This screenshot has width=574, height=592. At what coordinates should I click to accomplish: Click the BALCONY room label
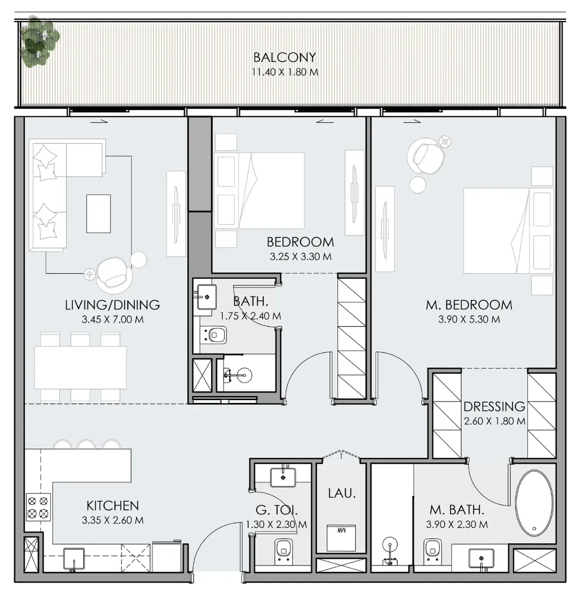pyautogui.click(x=285, y=57)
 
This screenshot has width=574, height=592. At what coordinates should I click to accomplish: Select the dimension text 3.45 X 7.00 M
pyautogui.click(x=112, y=319)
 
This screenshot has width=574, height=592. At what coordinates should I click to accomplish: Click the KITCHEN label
pyautogui.click(x=113, y=506)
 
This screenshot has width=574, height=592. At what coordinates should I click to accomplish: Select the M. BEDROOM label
pyautogui.click(x=469, y=305)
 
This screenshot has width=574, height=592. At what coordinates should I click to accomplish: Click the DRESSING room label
pyautogui.click(x=494, y=406)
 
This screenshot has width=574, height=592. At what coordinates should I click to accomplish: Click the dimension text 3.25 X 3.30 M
pyautogui.click(x=300, y=257)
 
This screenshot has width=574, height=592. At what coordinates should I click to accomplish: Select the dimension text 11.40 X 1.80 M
pyautogui.click(x=285, y=72)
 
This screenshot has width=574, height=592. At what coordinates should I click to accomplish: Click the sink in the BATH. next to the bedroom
pyautogui.click(x=207, y=296)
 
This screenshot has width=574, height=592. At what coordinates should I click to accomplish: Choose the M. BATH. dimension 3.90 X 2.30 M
pyautogui.click(x=457, y=525)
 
